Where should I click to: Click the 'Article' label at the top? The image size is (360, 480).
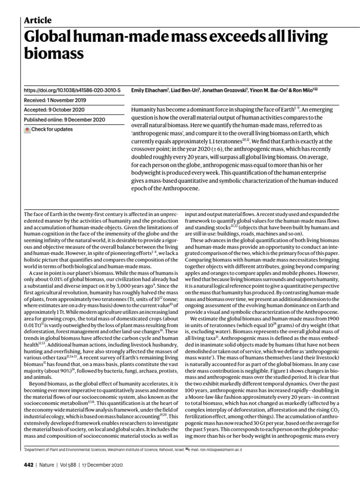[x=37, y=20]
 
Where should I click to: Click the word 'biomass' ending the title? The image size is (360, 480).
[x=54, y=54]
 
